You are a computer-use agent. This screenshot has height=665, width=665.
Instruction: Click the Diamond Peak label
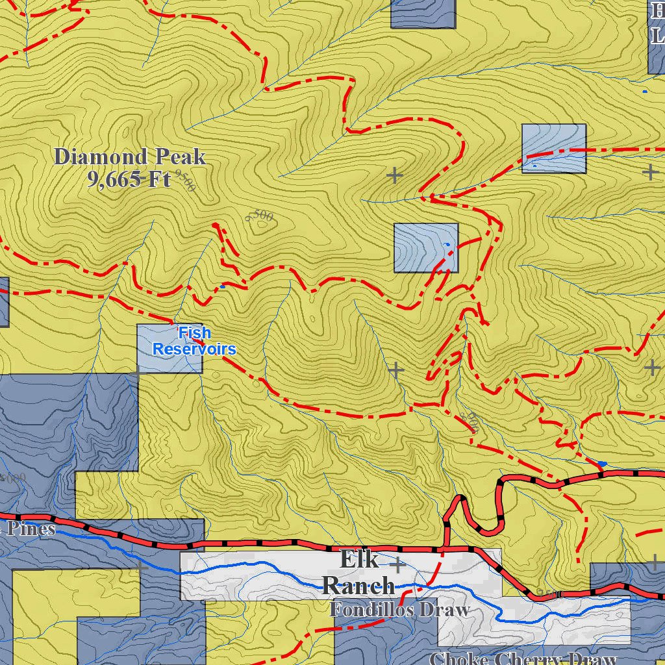click(x=130, y=157)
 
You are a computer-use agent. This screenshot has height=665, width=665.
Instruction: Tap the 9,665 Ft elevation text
click(x=129, y=179)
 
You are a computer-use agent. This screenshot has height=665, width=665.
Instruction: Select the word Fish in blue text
click(x=194, y=333)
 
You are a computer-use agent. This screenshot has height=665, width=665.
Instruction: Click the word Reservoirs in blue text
click(x=194, y=349)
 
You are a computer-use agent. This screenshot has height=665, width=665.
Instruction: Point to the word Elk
click(x=359, y=558)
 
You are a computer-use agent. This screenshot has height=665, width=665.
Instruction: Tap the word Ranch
click(x=358, y=585)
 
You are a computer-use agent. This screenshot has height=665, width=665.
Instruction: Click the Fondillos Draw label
click(x=399, y=610)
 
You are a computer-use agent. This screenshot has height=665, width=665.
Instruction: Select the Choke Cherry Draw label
click(x=523, y=659)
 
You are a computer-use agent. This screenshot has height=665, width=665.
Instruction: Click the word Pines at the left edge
click(x=31, y=529)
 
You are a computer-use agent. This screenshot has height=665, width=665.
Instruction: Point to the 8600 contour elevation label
click(x=469, y=423)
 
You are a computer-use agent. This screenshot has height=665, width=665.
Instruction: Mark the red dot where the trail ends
click(x=216, y=225)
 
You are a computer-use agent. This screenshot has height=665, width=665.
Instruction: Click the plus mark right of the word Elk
click(x=397, y=564)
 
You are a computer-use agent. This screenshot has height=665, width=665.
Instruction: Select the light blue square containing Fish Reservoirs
click(x=169, y=349)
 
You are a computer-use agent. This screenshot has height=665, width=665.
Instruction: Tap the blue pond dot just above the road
click(x=602, y=464)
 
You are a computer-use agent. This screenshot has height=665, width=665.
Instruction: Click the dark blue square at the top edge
click(x=423, y=14)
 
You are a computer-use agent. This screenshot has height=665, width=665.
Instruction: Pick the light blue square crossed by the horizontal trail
click(x=554, y=149)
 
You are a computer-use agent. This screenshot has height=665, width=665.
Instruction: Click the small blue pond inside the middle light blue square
click(x=446, y=244)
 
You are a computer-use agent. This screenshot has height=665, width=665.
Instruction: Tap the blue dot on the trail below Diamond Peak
click(x=223, y=286)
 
